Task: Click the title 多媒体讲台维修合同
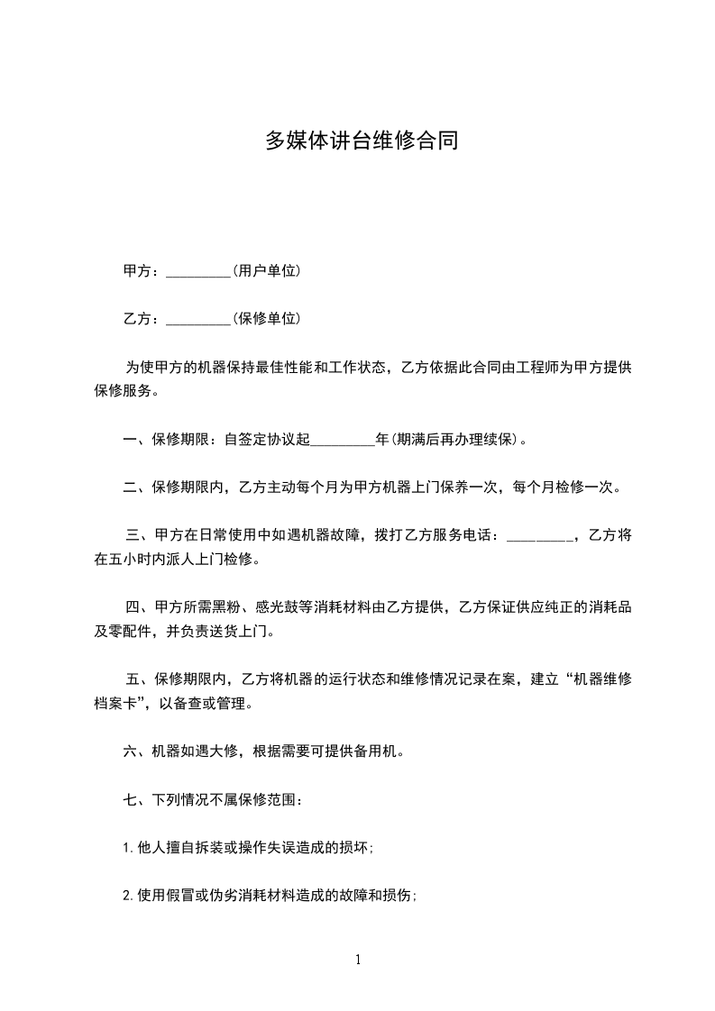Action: [x=361, y=141]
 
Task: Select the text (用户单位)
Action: [x=266, y=271]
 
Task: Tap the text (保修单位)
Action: [x=266, y=319]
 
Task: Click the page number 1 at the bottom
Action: [x=359, y=960]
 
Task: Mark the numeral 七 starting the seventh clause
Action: [x=130, y=800]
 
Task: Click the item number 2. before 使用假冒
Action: [x=130, y=896]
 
